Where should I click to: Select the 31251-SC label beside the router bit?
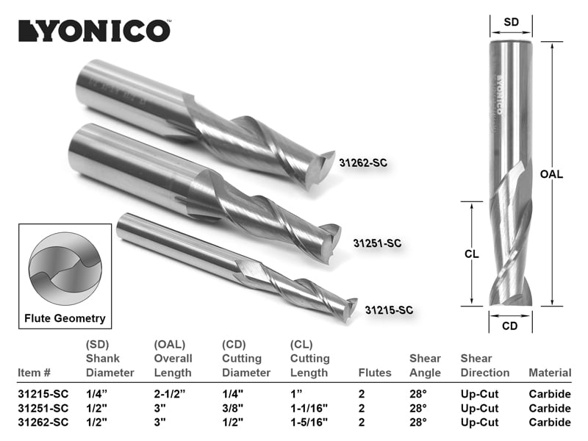tap(377, 243)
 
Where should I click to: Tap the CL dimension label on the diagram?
tap(472, 254)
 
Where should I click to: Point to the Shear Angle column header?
tap(425, 365)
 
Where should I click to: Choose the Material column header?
tap(550, 373)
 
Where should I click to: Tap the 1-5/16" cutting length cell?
tap(311, 422)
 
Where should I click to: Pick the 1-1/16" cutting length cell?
tap(311, 408)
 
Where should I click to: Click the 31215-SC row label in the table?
tap(42, 394)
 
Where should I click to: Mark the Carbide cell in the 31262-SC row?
tap(550, 422)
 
